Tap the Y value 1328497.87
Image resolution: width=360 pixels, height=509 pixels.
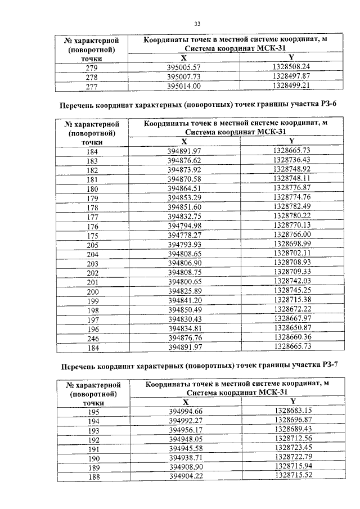point(291,76)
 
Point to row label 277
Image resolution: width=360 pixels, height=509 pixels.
point(92,86)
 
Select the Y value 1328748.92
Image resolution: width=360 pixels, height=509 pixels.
point(291,169)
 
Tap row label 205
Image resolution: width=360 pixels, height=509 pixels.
point(92,244)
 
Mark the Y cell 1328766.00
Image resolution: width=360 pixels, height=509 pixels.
point(291,235)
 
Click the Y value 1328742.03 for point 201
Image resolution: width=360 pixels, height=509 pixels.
point(291,281)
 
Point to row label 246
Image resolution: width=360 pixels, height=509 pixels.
point(92,337)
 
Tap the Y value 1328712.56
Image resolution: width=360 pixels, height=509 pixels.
point(292,439)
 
